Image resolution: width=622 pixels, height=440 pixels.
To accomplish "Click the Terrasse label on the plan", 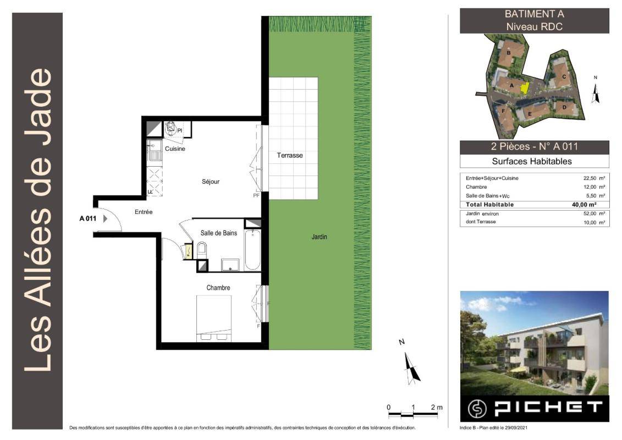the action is point(290,155).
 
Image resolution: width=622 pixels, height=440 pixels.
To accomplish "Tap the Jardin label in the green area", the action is point(320,237).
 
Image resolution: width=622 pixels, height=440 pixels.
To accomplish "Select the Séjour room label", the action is point(211,182).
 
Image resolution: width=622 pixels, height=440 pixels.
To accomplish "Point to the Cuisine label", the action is point(175,149).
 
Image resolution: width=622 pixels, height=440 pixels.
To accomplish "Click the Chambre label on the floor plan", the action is point(218,288).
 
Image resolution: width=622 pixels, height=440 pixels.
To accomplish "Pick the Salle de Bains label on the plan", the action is point(218,233).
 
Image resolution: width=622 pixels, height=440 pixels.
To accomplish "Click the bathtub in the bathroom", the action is point(252,250).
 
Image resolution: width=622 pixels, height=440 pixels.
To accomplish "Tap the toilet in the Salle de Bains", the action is point(201,250).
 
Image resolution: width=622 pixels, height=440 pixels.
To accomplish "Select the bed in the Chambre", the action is point(214,318).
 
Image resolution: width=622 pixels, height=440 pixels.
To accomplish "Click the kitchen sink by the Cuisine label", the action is point(155,151).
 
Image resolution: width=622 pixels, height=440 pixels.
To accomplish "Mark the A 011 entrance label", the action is point(87,218).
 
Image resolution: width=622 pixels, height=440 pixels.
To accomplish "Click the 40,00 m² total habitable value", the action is point(584,205).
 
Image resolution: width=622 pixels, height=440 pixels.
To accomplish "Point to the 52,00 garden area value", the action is point(590,213).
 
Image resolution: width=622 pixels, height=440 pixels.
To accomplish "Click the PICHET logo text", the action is point(548,408).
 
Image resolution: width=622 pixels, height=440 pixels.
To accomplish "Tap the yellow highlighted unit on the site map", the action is point(525,88).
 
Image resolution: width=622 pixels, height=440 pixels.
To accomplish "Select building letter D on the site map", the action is point(564,107).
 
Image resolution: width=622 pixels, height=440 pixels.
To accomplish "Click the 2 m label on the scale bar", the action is point(436,408).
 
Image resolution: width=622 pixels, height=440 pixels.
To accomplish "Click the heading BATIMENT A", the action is point(534,14).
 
